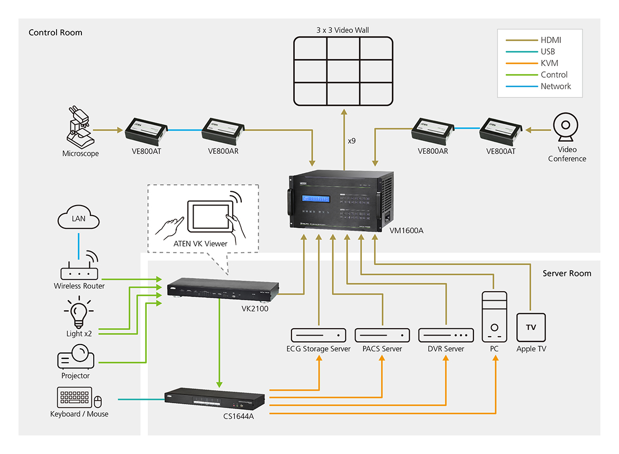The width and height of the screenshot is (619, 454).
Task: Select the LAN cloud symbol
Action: [79, 218]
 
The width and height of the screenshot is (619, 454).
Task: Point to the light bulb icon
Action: [79, 313]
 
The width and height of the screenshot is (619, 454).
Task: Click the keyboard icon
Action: [74, 398]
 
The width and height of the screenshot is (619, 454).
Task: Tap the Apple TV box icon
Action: [531, 328]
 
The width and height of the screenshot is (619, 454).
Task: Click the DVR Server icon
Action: [445, 335]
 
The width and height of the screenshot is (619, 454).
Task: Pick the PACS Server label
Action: [382, 349]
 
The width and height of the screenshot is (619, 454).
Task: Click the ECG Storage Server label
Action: [318, 349]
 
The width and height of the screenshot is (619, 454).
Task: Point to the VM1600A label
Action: [406, 230]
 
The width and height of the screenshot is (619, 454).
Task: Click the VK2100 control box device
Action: [223, 290]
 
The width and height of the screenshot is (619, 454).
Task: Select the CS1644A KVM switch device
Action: [214, 400]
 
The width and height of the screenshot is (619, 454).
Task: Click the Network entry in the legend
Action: [556, 86]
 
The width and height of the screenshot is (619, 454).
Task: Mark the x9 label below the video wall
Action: [352, 141]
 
